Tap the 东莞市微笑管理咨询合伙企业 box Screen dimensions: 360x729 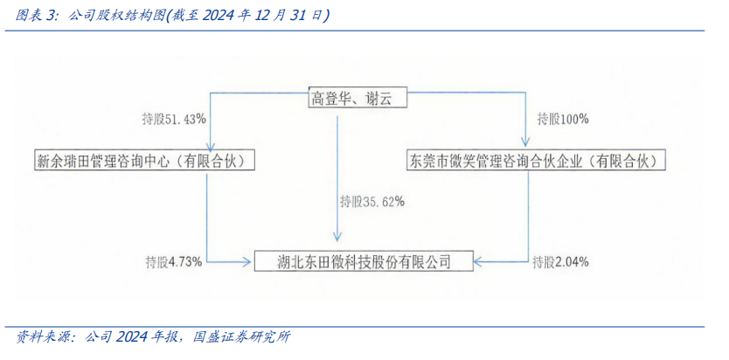(536, 161)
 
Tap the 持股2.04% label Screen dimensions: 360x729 (559, 261)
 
